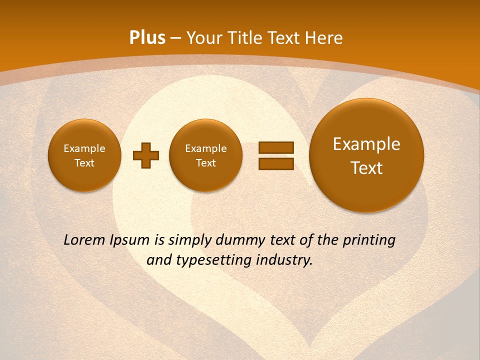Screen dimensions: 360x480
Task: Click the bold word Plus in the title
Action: tap(147, 38)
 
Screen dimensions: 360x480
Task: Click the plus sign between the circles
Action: tap(146, 155)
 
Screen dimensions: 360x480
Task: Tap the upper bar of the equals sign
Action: tap(276, 147)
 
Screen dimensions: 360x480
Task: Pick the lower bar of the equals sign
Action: tap(276, 163)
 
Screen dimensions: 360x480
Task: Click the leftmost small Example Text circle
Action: tap(84, 155)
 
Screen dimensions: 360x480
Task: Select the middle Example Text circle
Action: tap(206, 155)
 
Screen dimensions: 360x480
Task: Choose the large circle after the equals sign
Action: tap(366, 155)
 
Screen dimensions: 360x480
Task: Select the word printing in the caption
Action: tap(369, 240)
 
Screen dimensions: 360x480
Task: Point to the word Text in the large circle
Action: tap(366, 168)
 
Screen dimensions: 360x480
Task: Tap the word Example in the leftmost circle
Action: tap(84, 148)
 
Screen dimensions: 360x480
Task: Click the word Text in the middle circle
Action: tap(206, 163)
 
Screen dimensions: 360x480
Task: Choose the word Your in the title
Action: tap(203, 38)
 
